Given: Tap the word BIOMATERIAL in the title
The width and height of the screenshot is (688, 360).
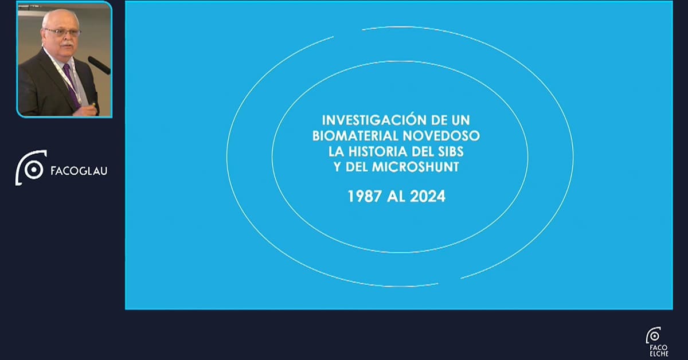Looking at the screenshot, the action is pyautogui.click(x=355, y=135).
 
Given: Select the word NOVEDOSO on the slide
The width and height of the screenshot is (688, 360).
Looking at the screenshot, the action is pyautogui.click(x=441, y=135).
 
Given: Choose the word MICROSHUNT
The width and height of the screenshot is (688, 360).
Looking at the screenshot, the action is pyautogui.click(x=416, y=167).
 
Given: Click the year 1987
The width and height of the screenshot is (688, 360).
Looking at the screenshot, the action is pyautogui.click(x=365, y=196).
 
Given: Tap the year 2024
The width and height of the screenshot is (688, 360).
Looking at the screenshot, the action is pyautogui.click(x=428, y=196).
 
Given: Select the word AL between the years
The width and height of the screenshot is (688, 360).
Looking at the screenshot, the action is pyautogui.click(x=396, y=196).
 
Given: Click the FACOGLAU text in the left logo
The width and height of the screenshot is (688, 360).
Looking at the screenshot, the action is pyautogui.click(x=79, y=171).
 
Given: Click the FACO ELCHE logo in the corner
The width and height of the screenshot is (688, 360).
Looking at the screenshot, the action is pyautogui.click(x=657, y=342).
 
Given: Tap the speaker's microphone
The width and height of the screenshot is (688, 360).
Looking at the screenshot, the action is pyautogui.click(x=99, y=65).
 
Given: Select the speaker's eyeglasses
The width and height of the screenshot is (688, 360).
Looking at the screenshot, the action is pyautogui.click(x=63, y=32).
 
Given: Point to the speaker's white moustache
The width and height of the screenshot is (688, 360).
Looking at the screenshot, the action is pyautogui.click(x=67, y=45).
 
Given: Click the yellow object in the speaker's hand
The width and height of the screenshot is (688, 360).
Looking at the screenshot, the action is pyautogui.click(x=93, y=104).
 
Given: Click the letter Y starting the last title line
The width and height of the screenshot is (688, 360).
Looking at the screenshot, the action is pyautogui.click(x=338, y=167).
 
